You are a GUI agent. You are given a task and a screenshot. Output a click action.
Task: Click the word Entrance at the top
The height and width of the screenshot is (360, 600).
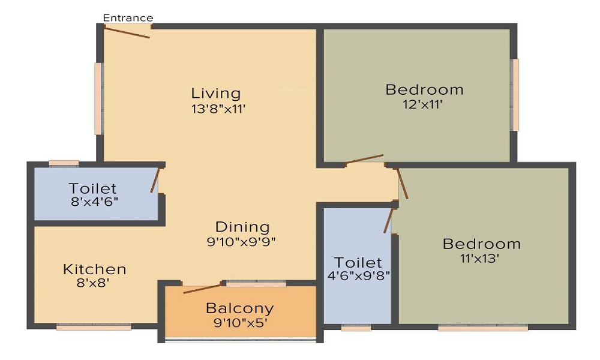coord(128,18)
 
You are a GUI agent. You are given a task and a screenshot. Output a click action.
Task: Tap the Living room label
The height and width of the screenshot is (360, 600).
coord(216,94)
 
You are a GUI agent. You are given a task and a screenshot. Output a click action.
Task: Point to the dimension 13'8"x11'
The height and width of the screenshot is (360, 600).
coord(216,109)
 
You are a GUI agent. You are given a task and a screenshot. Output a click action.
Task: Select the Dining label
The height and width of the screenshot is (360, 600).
coord(242,227)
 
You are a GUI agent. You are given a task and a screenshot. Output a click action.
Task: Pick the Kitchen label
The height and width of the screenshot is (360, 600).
coord(95,269)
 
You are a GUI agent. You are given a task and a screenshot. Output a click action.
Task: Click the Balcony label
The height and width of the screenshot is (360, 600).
coord(239,308)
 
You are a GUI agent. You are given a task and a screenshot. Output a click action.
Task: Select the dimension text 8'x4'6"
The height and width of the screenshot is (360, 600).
coord(93,202)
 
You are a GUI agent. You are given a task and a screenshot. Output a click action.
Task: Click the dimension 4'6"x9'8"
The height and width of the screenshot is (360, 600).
coord(358,277)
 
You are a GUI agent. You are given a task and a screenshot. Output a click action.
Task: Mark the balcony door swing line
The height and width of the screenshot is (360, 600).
coord(203,288)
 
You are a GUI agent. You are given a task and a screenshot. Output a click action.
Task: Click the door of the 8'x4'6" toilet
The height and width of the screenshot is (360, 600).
coord(155,181)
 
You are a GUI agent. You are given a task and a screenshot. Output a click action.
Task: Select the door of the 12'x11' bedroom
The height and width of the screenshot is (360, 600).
coord(364,160)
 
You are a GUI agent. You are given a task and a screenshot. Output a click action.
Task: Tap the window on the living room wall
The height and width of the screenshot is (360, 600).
coord(98,98)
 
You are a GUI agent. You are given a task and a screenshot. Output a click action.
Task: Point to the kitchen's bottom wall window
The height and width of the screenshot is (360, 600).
coord(94,327)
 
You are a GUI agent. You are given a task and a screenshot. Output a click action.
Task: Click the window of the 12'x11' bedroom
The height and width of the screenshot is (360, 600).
coord(514,95)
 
